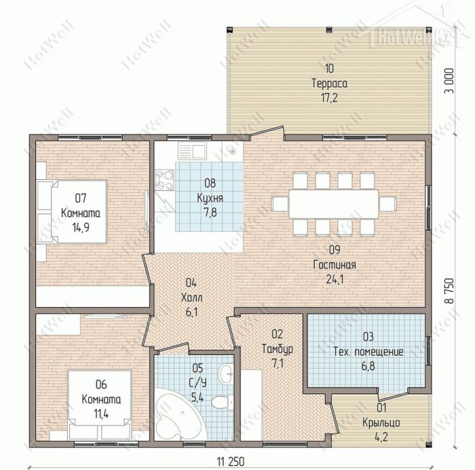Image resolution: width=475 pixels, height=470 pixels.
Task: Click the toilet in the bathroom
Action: click(223, 402)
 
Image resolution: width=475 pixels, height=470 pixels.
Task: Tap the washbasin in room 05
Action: click(226, 374)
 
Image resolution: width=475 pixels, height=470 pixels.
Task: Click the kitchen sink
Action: click(192, 151)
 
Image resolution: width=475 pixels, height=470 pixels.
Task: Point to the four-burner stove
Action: click(165, 180)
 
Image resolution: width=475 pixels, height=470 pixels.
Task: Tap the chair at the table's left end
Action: click(280, 204)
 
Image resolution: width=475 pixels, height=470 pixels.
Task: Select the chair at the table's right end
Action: click(387, 204)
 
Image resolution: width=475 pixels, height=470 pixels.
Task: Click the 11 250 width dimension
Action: click(230, 462)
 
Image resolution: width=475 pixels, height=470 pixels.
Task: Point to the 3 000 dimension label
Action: click(450, 81)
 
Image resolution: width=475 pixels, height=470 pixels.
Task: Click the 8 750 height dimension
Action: click(450, 291)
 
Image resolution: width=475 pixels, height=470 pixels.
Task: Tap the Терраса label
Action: click(330, 83)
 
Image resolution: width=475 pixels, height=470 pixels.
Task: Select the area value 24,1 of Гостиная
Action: click(335, 279)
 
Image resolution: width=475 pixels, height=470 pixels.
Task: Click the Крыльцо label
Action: click(381, 422)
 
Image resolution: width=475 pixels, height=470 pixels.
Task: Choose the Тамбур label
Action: click(277, 348)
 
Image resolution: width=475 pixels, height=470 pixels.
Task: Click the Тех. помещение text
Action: click(368, 352)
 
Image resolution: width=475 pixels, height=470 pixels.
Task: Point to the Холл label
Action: click(191, 297)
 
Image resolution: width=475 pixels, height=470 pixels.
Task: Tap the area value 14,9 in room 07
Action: click(81, 227)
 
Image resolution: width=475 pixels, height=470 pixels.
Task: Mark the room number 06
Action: click(101, 384)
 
